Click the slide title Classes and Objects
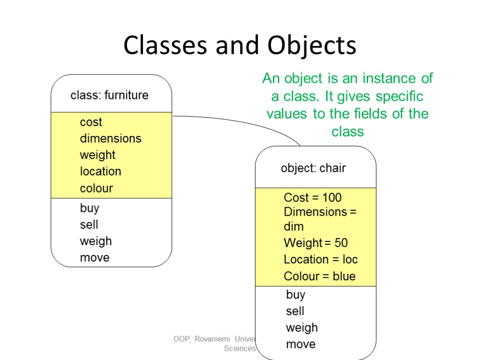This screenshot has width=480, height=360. coord(240,46)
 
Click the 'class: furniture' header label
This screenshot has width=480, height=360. coord(109,96)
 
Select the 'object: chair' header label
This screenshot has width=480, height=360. coord(313,168)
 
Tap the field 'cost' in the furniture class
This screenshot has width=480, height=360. coord(91,122)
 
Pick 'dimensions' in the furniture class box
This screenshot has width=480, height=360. coord(111,139)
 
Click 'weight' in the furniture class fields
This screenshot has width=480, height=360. coord(97,155)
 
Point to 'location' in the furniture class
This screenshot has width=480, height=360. coord(100,172)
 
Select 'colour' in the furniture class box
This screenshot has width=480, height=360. coord(97,188)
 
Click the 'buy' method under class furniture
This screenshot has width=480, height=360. coord(90,208)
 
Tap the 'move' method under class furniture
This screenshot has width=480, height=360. coord(95,258)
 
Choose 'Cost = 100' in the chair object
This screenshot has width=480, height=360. coord(313,197)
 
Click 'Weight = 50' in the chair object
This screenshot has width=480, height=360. coord(315,243)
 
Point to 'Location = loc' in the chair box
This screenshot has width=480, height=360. coord(321,259)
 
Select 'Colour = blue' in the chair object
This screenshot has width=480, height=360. coord(320,276)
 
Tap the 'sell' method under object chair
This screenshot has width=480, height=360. coord(295,311)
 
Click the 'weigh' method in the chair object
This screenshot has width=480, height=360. coord(302,328)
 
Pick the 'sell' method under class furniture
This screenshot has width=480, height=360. coord(89,225)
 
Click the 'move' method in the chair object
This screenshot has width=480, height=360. coord(301,345)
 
